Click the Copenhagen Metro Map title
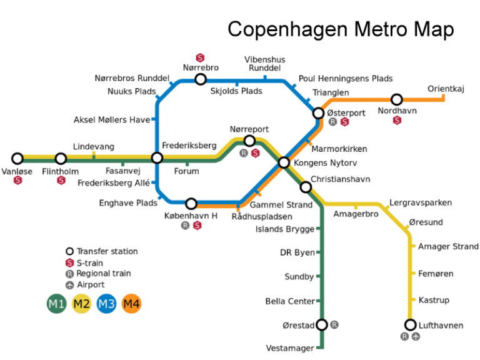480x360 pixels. point(341,29)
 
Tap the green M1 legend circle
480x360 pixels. point(56,304)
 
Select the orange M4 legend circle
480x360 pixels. point(131,304)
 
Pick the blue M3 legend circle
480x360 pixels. point(106,304)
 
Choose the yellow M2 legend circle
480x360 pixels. point(81,304)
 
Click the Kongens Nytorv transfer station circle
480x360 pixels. point(284,162)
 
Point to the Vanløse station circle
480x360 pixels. point(17,159)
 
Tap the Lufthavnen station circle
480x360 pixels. point(410,325)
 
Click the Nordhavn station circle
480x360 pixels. point(396,99)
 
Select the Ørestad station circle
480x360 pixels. point(322,325)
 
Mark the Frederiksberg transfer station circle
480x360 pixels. point(157,158)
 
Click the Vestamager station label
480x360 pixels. point(290,348)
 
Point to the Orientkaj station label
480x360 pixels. point(446,89)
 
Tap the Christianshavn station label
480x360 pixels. point(340,179)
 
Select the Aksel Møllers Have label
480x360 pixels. point(112,119)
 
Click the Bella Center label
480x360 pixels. point(290,301)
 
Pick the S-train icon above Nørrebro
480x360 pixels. point(201,57)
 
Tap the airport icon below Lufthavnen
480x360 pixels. point(416,336)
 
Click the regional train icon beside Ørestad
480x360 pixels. point(334,325)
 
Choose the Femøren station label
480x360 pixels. point(436,274)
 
